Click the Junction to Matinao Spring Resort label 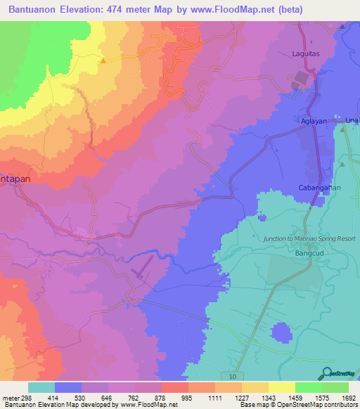pyautogui.click(x=309, y=239)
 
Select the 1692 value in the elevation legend pyautogui.click(x=349, y=398)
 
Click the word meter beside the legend pyautogui.click(x=11, y=398)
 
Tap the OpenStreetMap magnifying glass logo pyautogui.click(x=326, y=373)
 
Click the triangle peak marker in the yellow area pyautogui.click(x=103, y=60)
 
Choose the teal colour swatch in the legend pyautogui.click(x=41, y=387)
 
